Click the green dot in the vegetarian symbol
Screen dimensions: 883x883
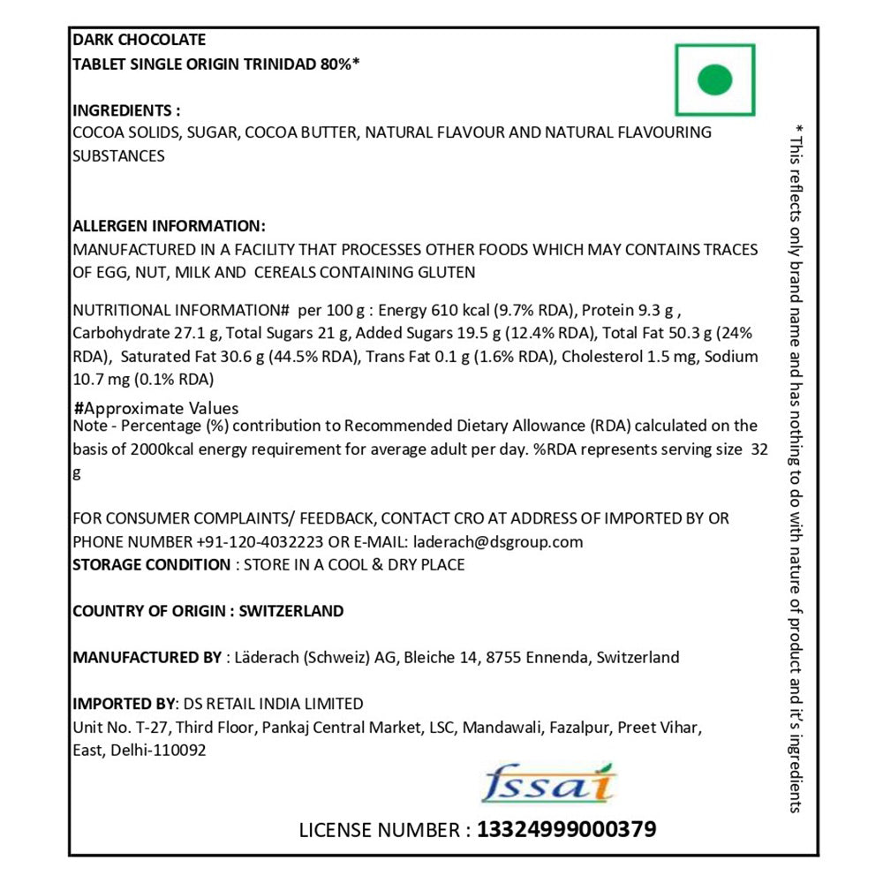click(714, 80)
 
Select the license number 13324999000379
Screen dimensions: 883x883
click(566, 830)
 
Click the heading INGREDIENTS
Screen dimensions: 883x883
click(125, 110)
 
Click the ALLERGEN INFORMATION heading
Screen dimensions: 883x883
click(168, 226)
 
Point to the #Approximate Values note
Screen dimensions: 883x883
click(157, 409)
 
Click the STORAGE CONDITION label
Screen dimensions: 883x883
click(151, 564)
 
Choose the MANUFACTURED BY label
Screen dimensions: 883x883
click(147, 657)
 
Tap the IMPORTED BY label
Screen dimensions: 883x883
click(124, 704)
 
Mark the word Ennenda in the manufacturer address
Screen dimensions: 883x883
click(557, 657)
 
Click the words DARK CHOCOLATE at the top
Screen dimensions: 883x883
click(139, 40)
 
